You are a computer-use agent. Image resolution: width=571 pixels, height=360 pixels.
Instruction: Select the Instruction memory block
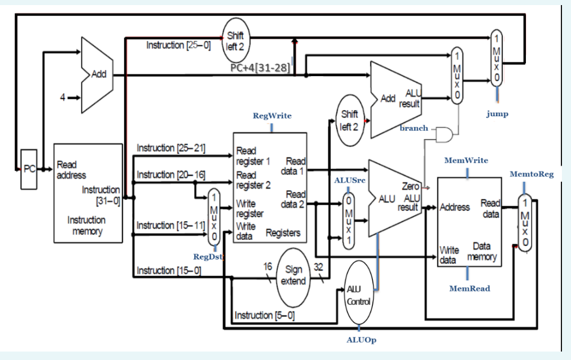[x=87, y=193]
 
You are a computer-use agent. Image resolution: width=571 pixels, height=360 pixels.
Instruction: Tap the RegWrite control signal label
[x=272, y=116]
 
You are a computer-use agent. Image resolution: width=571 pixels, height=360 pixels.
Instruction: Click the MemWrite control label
[x=466, y=160]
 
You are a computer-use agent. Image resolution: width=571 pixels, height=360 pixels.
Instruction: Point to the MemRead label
[x=469, y=288]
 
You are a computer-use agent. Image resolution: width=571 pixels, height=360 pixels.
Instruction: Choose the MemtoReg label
[x=532, y=174]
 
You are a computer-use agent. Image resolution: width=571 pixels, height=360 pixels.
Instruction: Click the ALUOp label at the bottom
[x=361, y=340]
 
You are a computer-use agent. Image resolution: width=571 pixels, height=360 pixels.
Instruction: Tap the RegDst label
[x=208, y=257]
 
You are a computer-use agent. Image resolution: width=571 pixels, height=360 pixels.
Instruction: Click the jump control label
[x=497, y=113]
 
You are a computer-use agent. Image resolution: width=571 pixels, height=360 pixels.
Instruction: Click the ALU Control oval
[x=358, y=294]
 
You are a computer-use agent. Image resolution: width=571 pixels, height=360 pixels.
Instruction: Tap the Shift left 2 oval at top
[x=235, y=41]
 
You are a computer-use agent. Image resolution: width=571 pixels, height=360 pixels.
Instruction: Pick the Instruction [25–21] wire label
[x=171, y=148]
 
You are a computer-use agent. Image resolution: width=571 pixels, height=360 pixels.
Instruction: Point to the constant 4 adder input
[x=63, y=98]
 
